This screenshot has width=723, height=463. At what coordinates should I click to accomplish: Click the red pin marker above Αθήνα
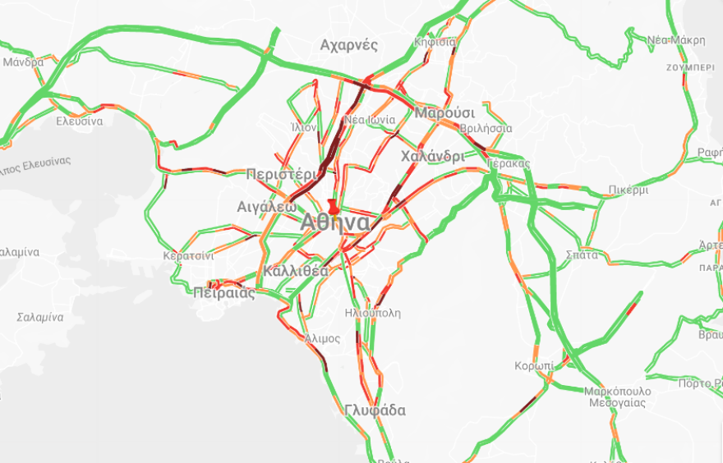[333, 204]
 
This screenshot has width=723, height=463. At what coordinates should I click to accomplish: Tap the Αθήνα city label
[334, 222]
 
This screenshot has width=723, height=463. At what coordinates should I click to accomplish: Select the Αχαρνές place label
[348, 44]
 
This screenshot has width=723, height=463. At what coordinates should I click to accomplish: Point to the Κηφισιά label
[435, 41]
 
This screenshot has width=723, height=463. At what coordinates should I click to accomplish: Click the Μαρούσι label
[445, 112]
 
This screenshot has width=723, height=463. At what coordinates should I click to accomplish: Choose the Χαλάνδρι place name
[432, 156]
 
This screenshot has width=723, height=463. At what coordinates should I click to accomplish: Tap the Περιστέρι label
[281, 174]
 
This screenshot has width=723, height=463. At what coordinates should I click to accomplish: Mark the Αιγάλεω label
[266, 206]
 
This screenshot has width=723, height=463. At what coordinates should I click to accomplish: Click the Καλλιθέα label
[297, 271]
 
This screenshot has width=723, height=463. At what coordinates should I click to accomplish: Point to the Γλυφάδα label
[375, 410]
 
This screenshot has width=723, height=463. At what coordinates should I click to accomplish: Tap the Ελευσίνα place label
[79, 121]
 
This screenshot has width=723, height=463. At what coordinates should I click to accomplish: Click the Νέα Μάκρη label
[675, 40]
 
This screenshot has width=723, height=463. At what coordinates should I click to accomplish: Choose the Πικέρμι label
[629, 190]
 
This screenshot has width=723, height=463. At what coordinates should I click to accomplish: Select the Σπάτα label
[582, 254]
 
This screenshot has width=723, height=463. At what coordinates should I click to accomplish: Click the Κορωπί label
[534, 365]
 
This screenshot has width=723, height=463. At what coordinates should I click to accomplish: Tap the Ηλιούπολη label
[373, 313]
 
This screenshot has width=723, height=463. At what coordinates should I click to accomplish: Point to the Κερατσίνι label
[188, 256]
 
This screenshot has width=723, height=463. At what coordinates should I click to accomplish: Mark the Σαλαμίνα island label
[40, 317]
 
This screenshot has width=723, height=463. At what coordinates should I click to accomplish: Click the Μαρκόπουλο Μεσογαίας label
[617, 397]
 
